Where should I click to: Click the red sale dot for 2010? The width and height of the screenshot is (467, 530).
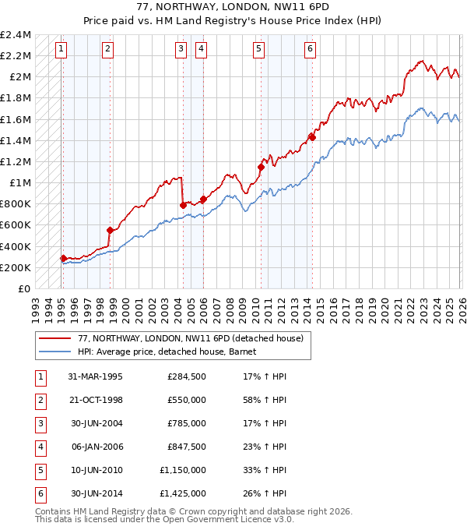coord(261,167)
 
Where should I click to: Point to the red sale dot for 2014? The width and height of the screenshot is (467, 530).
coord(312,137)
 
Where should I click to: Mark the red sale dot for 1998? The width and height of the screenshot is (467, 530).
coord(111,230)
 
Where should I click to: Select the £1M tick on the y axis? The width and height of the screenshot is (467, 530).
coord(19,183)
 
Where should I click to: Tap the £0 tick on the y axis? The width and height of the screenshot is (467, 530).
coord(23,288)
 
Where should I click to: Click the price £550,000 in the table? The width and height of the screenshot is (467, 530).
coord(187,400)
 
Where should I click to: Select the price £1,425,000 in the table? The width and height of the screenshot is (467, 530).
coord(182,493)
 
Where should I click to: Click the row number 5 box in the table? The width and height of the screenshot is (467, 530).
coord(39,470)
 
